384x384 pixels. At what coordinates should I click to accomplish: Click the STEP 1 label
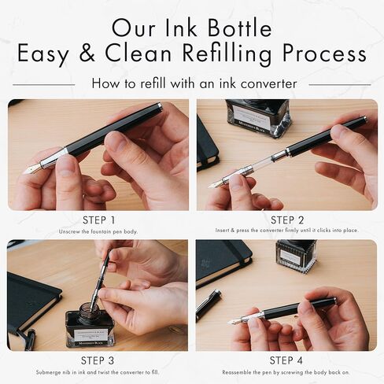point(98,220)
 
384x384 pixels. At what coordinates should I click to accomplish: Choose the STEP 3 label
point(98,360)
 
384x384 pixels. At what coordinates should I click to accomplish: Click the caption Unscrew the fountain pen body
point(98,231)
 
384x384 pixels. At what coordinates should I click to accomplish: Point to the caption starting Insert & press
point(286,231)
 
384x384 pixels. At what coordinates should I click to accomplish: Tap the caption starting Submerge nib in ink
point(98,371)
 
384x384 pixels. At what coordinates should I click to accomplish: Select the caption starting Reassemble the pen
point(286,371)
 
